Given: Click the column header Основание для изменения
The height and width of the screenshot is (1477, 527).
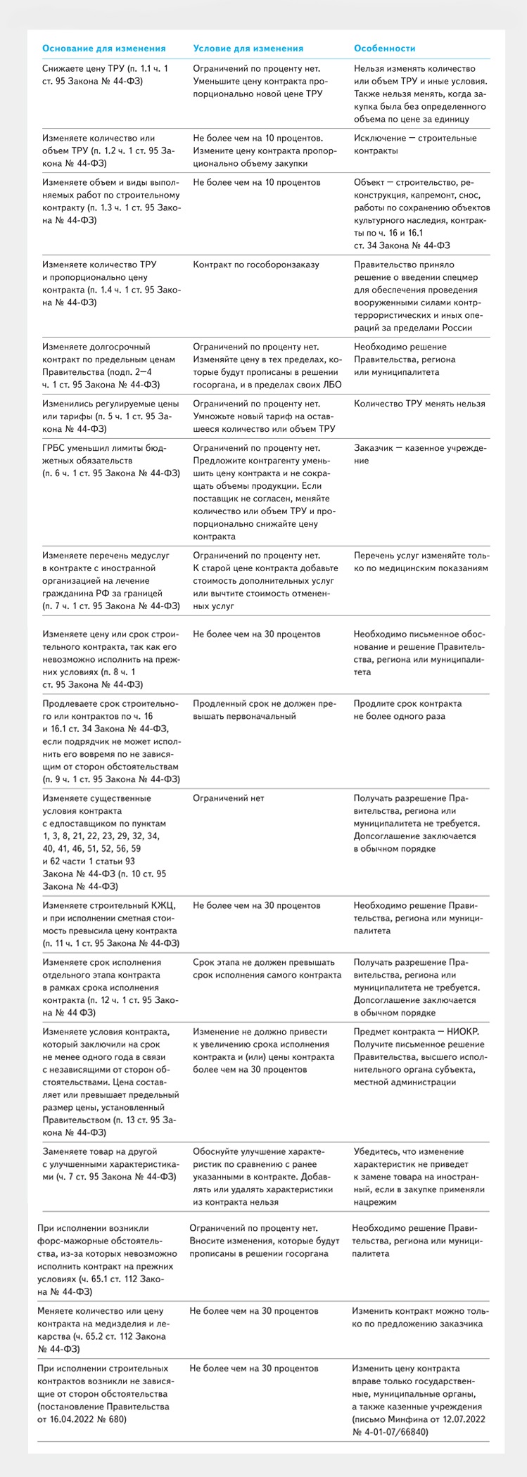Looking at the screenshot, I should point(104,49).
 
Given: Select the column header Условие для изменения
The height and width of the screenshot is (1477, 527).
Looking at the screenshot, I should point(248,49).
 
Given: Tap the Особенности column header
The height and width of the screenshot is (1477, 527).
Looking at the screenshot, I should point(384,49).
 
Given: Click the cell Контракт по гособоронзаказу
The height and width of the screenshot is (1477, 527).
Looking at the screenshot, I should point(256,264).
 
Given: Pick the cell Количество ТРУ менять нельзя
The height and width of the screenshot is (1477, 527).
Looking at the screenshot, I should point(419,404).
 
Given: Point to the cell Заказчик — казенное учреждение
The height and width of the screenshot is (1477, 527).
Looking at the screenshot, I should point(419,454).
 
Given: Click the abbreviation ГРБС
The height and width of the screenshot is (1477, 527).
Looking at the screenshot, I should point(56,448).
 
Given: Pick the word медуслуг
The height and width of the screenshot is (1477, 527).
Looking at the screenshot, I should point(149,555).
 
